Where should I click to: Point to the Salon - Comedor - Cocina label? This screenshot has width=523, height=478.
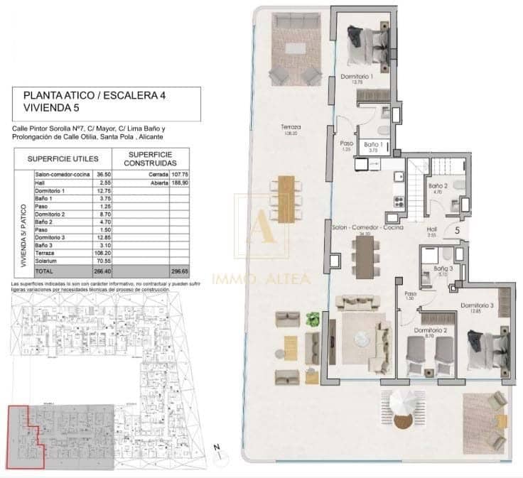[367, 228]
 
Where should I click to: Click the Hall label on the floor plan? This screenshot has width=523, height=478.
[431, 229]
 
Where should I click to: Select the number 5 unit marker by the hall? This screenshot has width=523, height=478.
[457, 229]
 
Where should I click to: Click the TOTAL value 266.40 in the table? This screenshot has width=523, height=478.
[105, 271]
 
